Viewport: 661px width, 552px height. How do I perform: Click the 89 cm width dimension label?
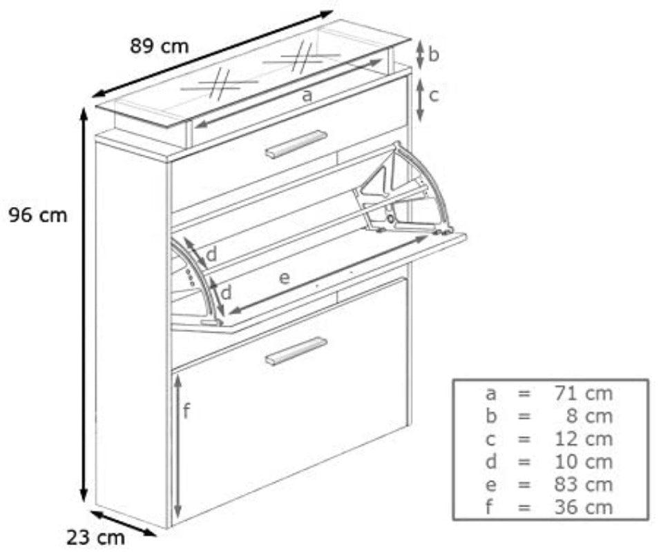pos(159,46)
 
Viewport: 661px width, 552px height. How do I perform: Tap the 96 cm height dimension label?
pos(38,215)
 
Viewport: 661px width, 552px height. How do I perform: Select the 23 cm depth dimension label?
pos(96,535)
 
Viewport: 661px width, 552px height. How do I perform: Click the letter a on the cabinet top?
pos(307,96)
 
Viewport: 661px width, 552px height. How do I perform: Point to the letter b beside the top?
pos(433,55)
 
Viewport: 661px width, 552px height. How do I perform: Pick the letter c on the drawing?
pos(433,95)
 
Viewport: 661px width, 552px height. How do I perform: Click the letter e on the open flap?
pos(284,278)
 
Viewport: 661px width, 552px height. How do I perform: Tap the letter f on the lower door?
pos(186,412)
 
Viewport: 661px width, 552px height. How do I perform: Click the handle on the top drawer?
pos(296,144)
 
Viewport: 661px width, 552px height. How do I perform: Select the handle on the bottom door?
pos(296,351)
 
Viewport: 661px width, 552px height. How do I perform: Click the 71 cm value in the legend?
pos(583,393)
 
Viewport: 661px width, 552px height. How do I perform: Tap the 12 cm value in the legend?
pos(583,439)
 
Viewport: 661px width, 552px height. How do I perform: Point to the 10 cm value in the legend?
pos(583,462)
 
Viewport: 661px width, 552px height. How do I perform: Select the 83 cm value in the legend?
pos(583,484)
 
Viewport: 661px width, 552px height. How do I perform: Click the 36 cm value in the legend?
pos(583,507)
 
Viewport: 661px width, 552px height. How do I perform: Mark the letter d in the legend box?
pos(490,462)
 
